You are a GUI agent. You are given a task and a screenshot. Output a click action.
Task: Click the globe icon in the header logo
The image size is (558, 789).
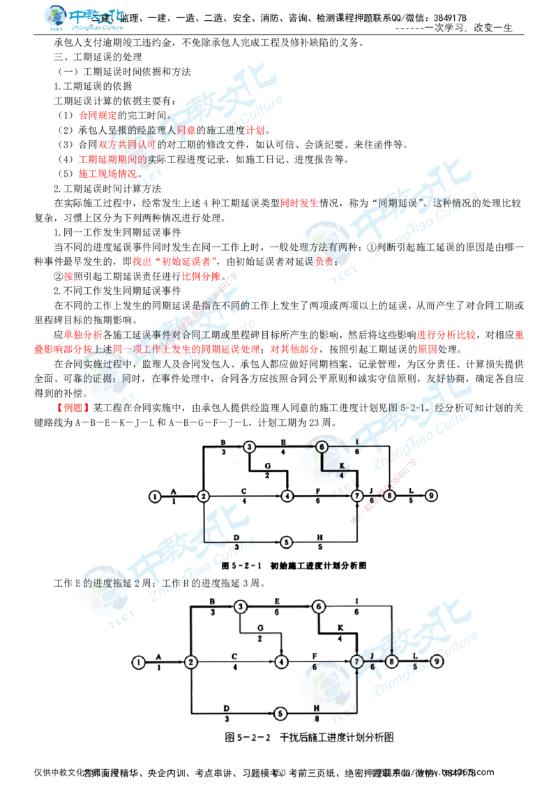tap(55, 17)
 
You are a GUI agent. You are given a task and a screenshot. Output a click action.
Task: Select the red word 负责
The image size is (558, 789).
tap(324, 261)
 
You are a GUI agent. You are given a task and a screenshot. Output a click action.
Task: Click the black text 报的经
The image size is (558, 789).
tap(119, 130)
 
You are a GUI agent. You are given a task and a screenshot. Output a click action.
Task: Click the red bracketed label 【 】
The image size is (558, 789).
tap(73, 407)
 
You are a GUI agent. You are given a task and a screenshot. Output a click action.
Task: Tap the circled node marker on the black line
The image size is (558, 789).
tap(322, 447)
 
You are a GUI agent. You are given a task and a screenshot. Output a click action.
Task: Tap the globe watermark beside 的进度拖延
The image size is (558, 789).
tap(103, 591)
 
